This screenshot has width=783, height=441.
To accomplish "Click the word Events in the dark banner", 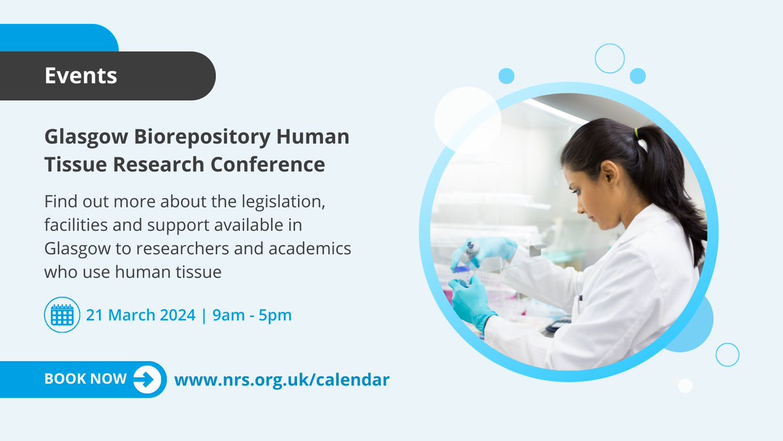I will pyautogui.click(x=81, y=76).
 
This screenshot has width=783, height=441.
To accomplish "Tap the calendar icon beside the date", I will pyautogui.click(x=62, y=315).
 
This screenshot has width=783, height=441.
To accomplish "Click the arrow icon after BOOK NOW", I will pyautogui.click(x=147, y=380).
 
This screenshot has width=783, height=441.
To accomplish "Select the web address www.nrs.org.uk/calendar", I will pyautogui.click(x=281, y=379).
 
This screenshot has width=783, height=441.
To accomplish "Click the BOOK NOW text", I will pyautogui.click(x=85, y=380).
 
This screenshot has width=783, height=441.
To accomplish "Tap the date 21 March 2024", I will pyautogui.click(x=141, y=315).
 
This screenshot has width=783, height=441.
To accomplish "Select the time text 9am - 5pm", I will pyautogui.click(x=251, y=315).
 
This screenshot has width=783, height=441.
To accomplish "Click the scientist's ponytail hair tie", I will pyautogui.click(x=637, y=133).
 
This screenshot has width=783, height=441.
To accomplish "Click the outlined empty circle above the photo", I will pyautogui.click(x=609, y=58).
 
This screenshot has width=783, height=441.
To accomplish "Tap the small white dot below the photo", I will pyautogui.click(x=684, y=385).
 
